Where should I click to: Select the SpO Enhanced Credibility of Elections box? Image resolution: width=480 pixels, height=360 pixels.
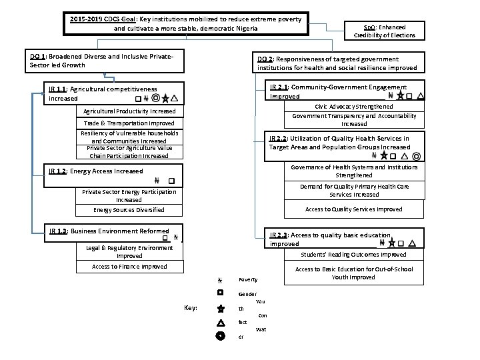point(384,31)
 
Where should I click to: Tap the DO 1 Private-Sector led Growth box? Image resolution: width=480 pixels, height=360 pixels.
point(104,61)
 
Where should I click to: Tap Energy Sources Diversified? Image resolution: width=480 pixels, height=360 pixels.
point(129,210)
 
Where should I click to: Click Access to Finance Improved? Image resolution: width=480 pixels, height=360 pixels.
point(129,267)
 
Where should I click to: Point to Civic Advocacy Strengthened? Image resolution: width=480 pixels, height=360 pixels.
point(354,107)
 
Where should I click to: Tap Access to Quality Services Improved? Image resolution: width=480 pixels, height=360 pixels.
point(353,209)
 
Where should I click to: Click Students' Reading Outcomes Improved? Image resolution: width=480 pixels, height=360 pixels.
point(353,255)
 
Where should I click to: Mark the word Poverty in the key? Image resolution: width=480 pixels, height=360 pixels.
point(248,279)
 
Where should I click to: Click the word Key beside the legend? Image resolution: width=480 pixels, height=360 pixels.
point(189,307)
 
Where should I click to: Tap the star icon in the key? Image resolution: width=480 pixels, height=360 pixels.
point(220,308)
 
